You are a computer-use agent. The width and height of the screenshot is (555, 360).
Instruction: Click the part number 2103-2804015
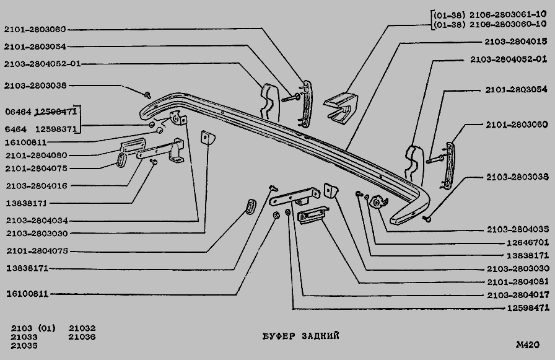(x=516, y=42)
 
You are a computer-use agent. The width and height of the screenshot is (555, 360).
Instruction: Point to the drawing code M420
(x=527, y=345)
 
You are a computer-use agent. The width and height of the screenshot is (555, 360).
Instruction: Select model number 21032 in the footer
(x=82, y=328)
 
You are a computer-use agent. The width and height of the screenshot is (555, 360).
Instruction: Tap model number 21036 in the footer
(x=82, y=336)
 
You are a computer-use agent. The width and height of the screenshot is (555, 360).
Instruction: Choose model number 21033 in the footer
(x=24, y=336)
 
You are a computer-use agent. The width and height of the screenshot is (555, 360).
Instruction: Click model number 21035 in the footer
(x=24, y=346)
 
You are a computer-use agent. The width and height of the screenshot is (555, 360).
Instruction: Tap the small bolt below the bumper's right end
(x=427, y=218)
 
